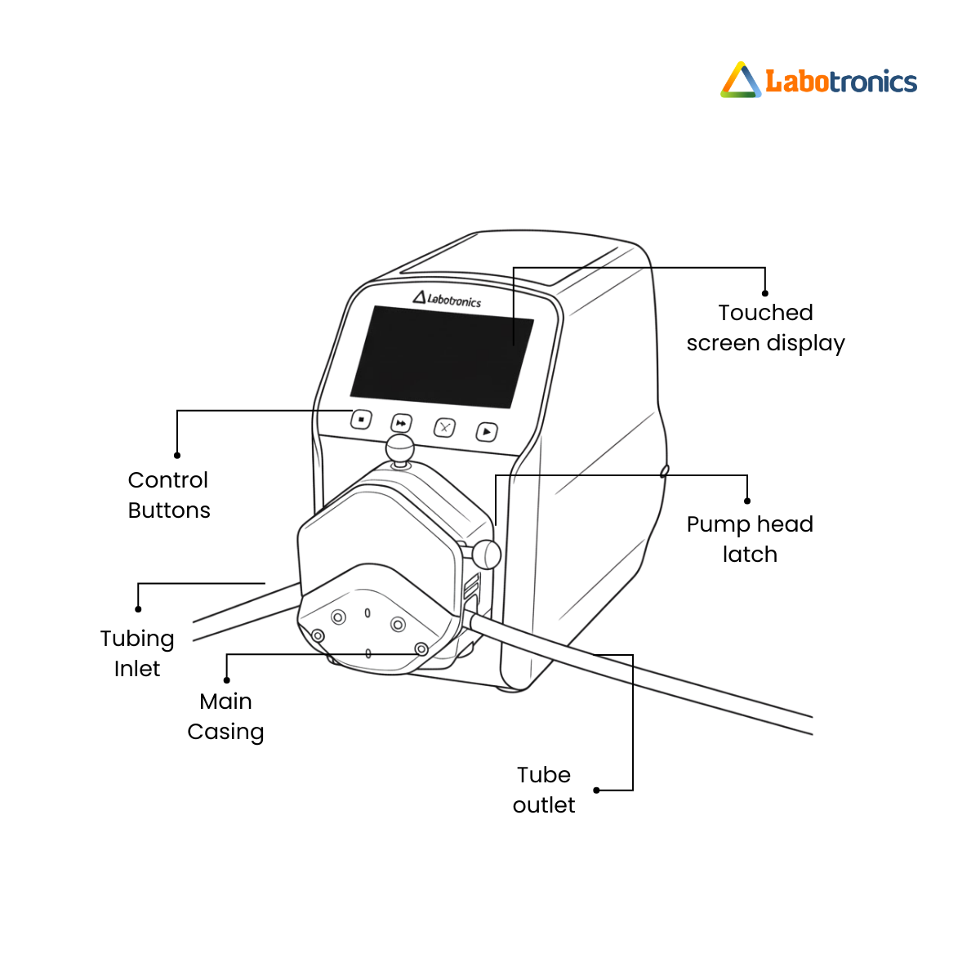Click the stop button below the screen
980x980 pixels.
tap(361, 420)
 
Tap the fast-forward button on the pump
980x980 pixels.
tap(401, 423)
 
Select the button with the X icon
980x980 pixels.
tap(444, 428)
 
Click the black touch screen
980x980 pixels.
tap(442, 357)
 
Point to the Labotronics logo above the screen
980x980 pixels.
tap(447, 299)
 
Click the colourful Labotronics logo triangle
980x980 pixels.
tap(741, 80)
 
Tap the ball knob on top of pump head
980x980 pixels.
tap(400, 449)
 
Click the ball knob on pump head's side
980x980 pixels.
tap(487, 555)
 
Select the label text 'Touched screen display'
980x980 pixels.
tap(765, 328)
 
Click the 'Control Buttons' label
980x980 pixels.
tap(169, 495)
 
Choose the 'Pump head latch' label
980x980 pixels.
tap(750, 539)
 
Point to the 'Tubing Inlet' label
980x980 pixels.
tap(137, 653)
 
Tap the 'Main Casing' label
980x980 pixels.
tap(225, 717)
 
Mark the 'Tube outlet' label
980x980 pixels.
tap(544, 790)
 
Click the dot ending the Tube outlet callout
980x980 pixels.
tap(596, 790)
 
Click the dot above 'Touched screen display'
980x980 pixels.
tap(765, 293)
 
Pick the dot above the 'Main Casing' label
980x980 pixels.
tap(227, 680)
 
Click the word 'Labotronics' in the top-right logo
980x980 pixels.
tap(841, 82)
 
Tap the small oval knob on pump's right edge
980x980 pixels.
tap(664, 471)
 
